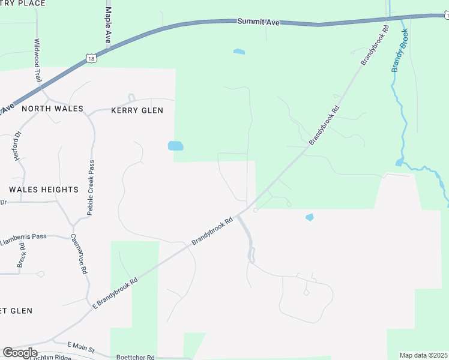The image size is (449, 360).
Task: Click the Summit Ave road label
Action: pos(258,22)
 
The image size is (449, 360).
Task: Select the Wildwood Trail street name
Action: pos(38,61)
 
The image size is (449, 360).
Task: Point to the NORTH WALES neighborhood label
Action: pos(52,110)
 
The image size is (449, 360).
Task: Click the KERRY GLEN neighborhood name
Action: pos(137,110)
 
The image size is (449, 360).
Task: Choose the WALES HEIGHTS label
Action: pos(44,190)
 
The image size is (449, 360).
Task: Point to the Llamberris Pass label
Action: pos(23,236)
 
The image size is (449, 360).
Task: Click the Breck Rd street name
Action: pos(22,254)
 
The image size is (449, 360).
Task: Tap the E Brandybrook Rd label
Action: pos(115,293)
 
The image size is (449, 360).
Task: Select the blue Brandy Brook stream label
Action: pos(400,50)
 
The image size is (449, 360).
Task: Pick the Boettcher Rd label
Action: pos(135,357)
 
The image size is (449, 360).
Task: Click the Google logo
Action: pos(20,352)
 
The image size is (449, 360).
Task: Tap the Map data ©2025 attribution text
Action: pos(423,355)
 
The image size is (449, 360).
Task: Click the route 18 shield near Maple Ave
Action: pos(91,58)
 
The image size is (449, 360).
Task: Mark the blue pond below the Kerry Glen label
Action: pos(175,146)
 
